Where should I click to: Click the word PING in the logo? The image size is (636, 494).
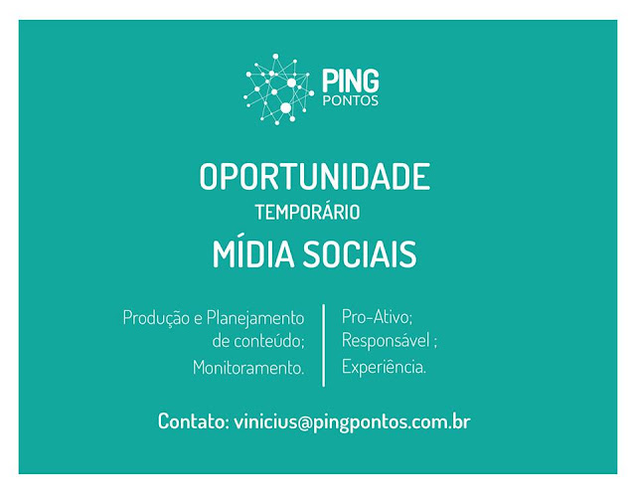(351, 81)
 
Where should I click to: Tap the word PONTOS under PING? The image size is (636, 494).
(351, 100)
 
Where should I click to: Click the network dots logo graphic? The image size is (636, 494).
(278, 88)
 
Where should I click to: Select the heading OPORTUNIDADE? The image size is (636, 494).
(314, 177)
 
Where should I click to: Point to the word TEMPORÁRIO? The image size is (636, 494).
(307, 212)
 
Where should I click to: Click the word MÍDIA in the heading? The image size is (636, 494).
(253, 253)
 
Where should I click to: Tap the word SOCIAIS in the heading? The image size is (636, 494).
(360, 254)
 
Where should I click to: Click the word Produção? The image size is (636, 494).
(156, 318)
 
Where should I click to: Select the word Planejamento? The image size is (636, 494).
(255, 318)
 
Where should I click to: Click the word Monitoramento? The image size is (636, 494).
(247, 368)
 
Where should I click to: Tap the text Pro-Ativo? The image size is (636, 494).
(376, 316)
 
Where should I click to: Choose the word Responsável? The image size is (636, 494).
(386, 340)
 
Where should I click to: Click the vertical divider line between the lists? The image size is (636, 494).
(323, 345)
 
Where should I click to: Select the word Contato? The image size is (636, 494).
(191, 421)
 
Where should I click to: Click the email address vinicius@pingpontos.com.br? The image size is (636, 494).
(352, 422)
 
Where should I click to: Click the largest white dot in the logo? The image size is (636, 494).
(285, 108)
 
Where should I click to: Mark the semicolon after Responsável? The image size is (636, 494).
(435, 343)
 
